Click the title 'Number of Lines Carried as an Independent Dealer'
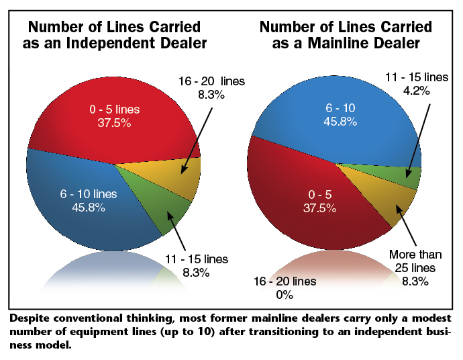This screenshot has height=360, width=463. tap(115, 36)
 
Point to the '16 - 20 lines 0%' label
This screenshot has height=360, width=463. tap(286, 287)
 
